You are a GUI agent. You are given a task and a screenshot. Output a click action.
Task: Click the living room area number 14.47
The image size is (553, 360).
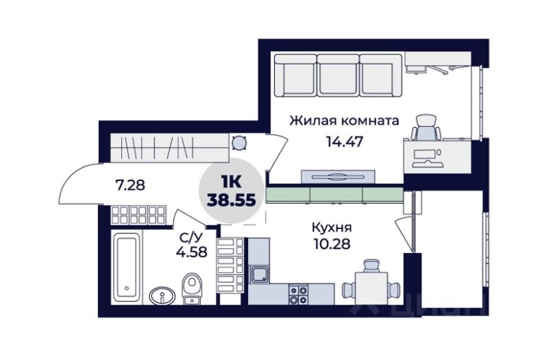[x=344, y=141]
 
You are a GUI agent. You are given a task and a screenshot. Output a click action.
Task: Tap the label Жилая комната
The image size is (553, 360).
[x=344, y=121]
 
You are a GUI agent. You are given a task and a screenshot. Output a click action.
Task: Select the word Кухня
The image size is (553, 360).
[x=332, y=227]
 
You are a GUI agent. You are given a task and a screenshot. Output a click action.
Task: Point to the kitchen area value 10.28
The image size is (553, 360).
[x=332, y=243]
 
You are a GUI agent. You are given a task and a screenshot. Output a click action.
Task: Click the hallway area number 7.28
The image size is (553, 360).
[x=130, y=184]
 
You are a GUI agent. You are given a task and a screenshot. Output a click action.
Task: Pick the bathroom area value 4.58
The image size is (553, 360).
[x=191, y=252]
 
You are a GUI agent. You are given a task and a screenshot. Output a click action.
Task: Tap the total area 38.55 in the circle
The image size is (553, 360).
[x=232, y=200]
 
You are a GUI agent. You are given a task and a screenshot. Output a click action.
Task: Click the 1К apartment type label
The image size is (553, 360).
[x=231, y=182]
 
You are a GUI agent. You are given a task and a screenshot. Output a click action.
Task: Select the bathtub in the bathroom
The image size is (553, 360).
[x=127, y=267]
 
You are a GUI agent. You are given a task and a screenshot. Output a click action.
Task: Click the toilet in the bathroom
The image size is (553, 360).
[x=192, y=289]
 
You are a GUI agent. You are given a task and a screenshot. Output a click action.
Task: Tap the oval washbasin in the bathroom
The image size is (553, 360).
[x=162, y=296]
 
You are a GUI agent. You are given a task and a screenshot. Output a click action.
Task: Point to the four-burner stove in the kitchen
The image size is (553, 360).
[x=298, y=294]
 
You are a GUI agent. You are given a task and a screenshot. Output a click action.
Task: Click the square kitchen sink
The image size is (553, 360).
[x=260, y=274]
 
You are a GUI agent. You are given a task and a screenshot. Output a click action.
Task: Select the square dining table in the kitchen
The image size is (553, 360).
[x=371, y=288]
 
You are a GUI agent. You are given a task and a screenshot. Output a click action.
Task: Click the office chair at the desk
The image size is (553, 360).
[x=426, y=128]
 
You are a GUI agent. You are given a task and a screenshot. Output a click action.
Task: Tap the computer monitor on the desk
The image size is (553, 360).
[x=424, y=154]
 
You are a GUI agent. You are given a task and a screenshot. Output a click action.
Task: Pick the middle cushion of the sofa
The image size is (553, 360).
[x=339, y=75]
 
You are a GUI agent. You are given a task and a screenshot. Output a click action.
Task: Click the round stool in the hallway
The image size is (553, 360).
[x=238, y=143]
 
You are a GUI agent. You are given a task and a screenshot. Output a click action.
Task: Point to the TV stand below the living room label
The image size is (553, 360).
[x=338, y=176]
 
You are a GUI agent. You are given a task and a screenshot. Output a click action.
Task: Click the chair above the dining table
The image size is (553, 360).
[x=371, y=265]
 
